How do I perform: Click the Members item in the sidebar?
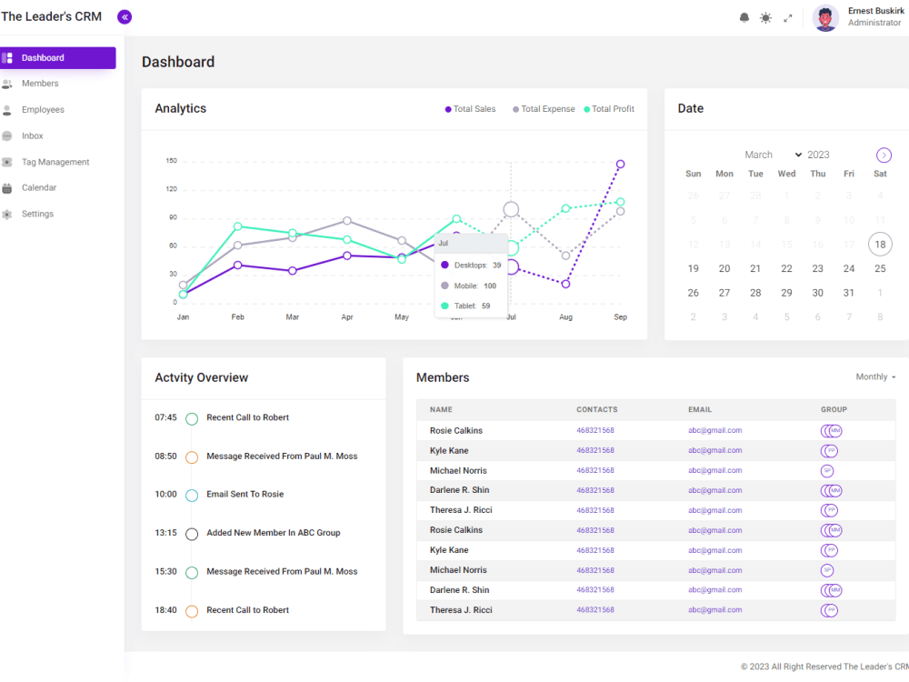[x=40, y=84]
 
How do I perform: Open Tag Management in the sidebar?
[x=55, y=162]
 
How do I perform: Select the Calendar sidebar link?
[x=39, y=187]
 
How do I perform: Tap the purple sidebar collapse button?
[x=125, y=16]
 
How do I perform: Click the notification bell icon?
[x=744, y=17]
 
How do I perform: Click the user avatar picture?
[x=825, y=17]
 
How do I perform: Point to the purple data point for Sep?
[x=620, y=165]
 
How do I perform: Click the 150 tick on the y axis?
[x=171, y=161]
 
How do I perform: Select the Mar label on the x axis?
[x=293, y=317]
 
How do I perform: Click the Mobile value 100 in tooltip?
[x=490, y=286]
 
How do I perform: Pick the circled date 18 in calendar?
[x=879, y=244]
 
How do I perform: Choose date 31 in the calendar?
[x=848, y=293]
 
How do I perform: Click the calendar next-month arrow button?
[x=884, y=155]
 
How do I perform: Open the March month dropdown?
[x=773, y=155]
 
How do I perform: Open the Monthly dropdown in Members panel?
[x=875, y=376]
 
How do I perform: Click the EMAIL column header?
[x=700, y=410]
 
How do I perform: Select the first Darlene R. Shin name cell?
[x=459, y=490]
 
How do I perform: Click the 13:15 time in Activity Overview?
[x=165, y=533]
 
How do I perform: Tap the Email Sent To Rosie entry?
[x=245, y=495]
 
